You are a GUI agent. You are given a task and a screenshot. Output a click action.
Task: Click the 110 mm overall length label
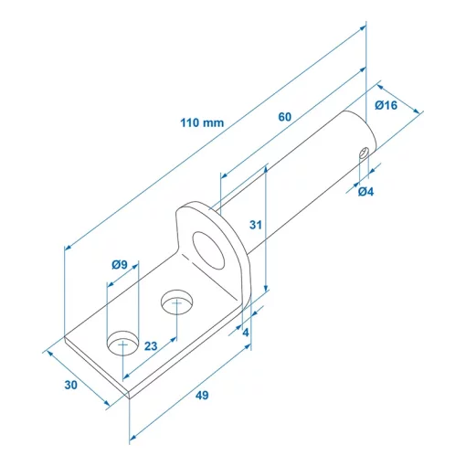click(x=202, y=122)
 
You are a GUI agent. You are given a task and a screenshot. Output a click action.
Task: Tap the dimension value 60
click(x=285, y=117)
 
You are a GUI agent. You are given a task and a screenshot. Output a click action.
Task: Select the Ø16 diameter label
click(x=386, y=105)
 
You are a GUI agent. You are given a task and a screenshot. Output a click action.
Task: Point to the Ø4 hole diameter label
click(x=365, y=192)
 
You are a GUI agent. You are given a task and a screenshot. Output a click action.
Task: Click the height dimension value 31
click(x=256, y=225)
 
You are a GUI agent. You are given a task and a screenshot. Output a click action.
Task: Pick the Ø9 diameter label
click(x=120, y=265)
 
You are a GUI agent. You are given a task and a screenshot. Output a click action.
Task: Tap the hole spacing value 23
click(x=151, y=346)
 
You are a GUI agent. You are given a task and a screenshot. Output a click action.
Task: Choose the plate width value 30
click(x=71, y=385)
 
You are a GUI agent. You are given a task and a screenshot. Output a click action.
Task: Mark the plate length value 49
click(x=202, y=396)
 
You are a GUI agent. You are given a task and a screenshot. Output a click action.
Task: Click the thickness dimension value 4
click(x=246, y=333)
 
